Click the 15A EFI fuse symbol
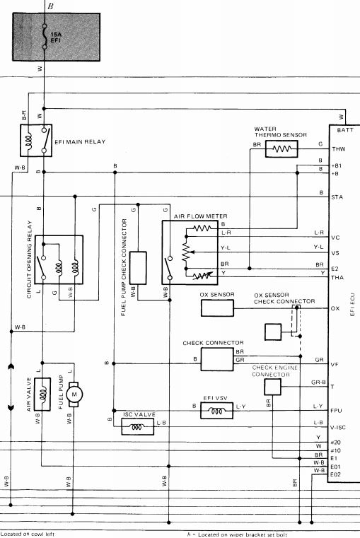tap(44, 36)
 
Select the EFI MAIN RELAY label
tap(80, 141)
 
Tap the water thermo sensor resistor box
tap(281, 149)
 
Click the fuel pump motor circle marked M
tap(74, 394)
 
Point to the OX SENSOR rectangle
tap(217, 308)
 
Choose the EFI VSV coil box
tap(216, 410)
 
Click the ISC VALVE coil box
tap(138, 427)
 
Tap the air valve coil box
tap(42, 394)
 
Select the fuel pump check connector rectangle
tap(138, 268)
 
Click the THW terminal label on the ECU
tap(338, 149)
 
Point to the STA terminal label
tap(337, 197)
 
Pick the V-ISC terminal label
tap(337, 428)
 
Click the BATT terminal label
tap(345, 130)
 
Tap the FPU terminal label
tap(336, 411)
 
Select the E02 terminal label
tap(335, 474)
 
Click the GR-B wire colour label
tap(318, 382)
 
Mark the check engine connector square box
tap(272, 387)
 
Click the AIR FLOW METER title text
tap(200, 216)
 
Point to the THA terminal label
tap(337, 278)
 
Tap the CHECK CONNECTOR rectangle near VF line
tap(217, 359)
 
